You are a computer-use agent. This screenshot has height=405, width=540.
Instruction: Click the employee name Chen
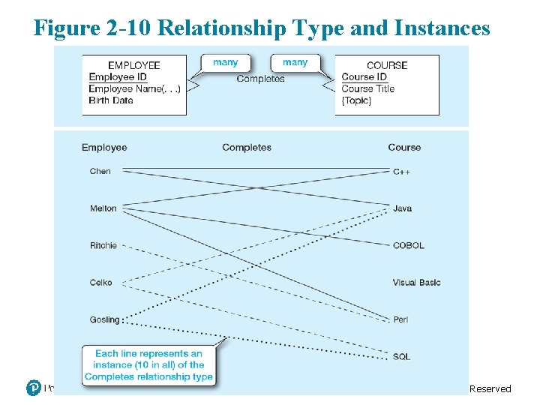click(x=100, y=171)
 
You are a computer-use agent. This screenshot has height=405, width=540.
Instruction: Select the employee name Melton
click(x=103, y=208)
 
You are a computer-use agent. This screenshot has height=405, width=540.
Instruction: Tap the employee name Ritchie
click(x=103, y=245)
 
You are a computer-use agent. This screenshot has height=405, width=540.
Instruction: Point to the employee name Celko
click(x=100, y=282)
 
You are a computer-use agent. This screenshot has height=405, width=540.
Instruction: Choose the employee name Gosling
click(x=104, y=319)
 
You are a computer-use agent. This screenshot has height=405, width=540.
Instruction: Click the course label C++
click(x=401, y=172)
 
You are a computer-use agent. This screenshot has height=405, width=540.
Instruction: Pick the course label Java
click(x=402, y=208)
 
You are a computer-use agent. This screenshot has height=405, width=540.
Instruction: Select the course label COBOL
click(x=408, y=245)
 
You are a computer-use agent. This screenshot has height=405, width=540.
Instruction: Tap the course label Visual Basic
click(x=416, y=283)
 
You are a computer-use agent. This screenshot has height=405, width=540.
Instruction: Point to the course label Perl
click(x=400, y=319)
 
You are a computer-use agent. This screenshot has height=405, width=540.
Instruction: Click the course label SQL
click(x=401, y=356)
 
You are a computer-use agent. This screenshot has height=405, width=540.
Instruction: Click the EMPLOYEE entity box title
click(x=134, y=65)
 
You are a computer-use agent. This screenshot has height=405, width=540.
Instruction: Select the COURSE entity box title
click(x=387, y=65)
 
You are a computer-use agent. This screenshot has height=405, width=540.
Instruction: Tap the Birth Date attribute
click(x=111, y=100)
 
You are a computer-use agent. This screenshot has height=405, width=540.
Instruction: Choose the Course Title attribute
click(x=367, y=88)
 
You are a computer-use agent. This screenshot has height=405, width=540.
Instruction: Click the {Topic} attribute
click(x=356, y=100)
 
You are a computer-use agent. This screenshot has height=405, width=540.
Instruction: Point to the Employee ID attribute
click(x=118, y=76)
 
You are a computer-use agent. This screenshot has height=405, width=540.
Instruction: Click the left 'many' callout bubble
click(x=225, y=62)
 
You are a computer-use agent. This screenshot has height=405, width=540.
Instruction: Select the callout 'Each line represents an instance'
click(x=148, y=365)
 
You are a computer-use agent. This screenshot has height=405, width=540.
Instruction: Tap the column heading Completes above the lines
click(x=247, y=148)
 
